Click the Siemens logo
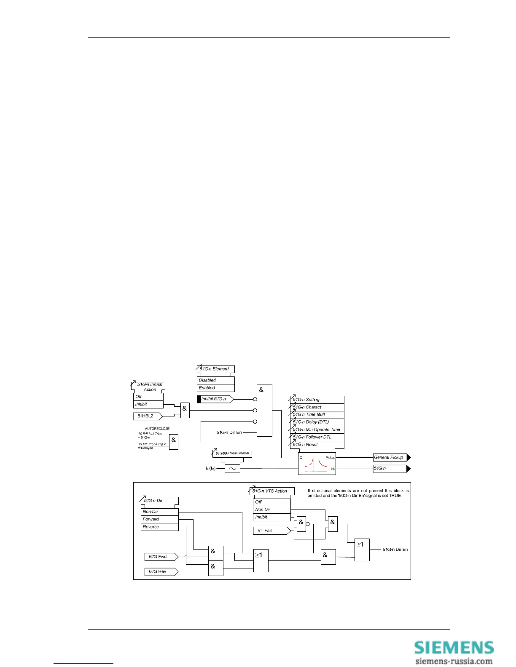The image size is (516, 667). (x=454, y=647)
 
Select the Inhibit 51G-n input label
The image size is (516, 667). (x=215, y=399)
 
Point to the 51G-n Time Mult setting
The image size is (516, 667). (x=317, y=414)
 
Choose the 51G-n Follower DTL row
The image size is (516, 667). (x=317, y=437)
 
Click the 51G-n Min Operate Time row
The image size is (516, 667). (x=317, y=430)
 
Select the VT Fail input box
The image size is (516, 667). (x=271, y=531)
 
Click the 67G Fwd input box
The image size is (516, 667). (x=161, y=557)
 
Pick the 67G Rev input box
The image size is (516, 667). (x=161, y=571)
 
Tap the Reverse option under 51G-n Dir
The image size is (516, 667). (x=159, y=527)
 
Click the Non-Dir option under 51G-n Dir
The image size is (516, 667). (x=159, y=512)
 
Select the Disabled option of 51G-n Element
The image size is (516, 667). (x=215, y=380)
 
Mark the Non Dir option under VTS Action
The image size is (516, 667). (x=271, y=510)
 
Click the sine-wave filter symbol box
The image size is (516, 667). (x=232, y=468)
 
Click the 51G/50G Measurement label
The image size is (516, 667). (x=232, y=454)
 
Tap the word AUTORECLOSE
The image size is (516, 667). (x=157, y=429)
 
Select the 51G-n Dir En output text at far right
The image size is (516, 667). (x=395, y=550)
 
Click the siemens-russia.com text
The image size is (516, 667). (x=454, y=661)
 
